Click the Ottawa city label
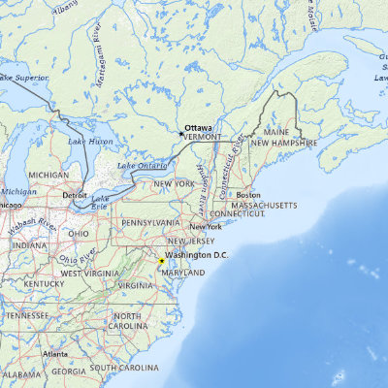[x=198, y=127]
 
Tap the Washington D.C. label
[x=196, y=254]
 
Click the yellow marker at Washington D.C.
[x=161, y=261]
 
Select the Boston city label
[x=248, y=194]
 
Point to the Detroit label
[x=75, y=195]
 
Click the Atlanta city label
[x=55, y=354]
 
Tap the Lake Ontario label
[x=142, y=166]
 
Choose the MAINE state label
[x=277, y=131]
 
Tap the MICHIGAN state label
[x=48, y=175]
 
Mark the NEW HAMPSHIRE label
[x=284, y=143]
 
